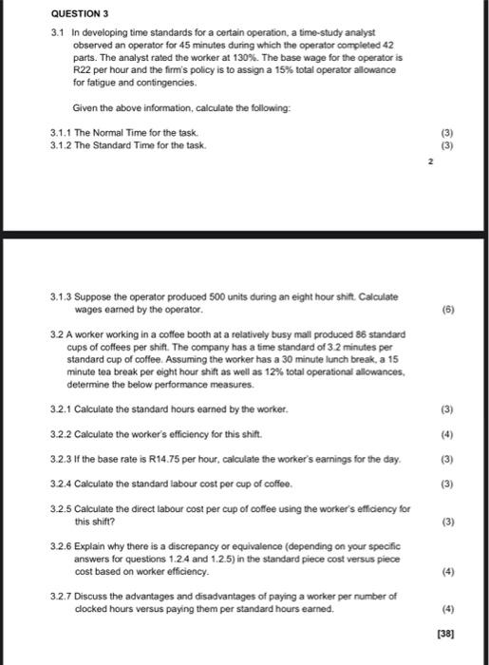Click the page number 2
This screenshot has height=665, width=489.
point(428,162)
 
